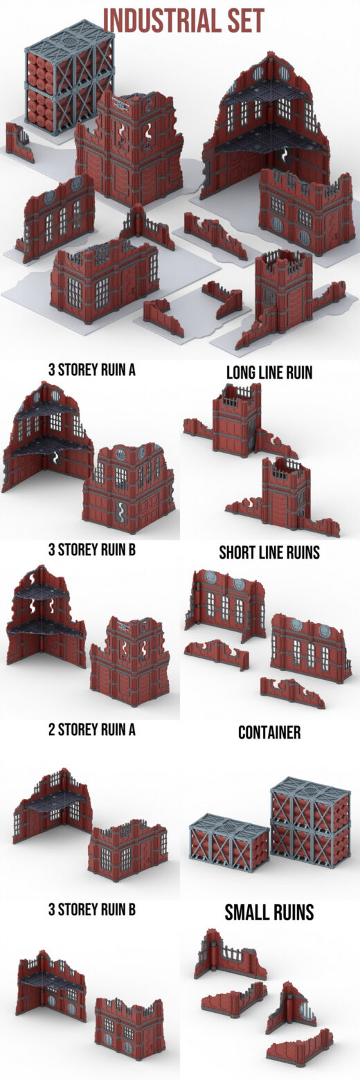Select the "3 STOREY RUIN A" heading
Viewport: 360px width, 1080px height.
[x=91, y=370]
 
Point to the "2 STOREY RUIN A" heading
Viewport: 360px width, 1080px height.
[x=91, y=730]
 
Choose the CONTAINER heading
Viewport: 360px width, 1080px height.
[x=269, y=732]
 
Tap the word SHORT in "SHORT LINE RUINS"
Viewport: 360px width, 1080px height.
[x=236, y=552]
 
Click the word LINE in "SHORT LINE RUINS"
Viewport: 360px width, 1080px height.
[x=268, y=552]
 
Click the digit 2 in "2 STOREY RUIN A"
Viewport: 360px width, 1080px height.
[x=51, y=730]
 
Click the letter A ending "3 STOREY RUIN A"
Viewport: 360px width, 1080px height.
[x=132, y=370]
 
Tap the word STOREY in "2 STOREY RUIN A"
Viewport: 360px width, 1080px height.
[x=78, y=730]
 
